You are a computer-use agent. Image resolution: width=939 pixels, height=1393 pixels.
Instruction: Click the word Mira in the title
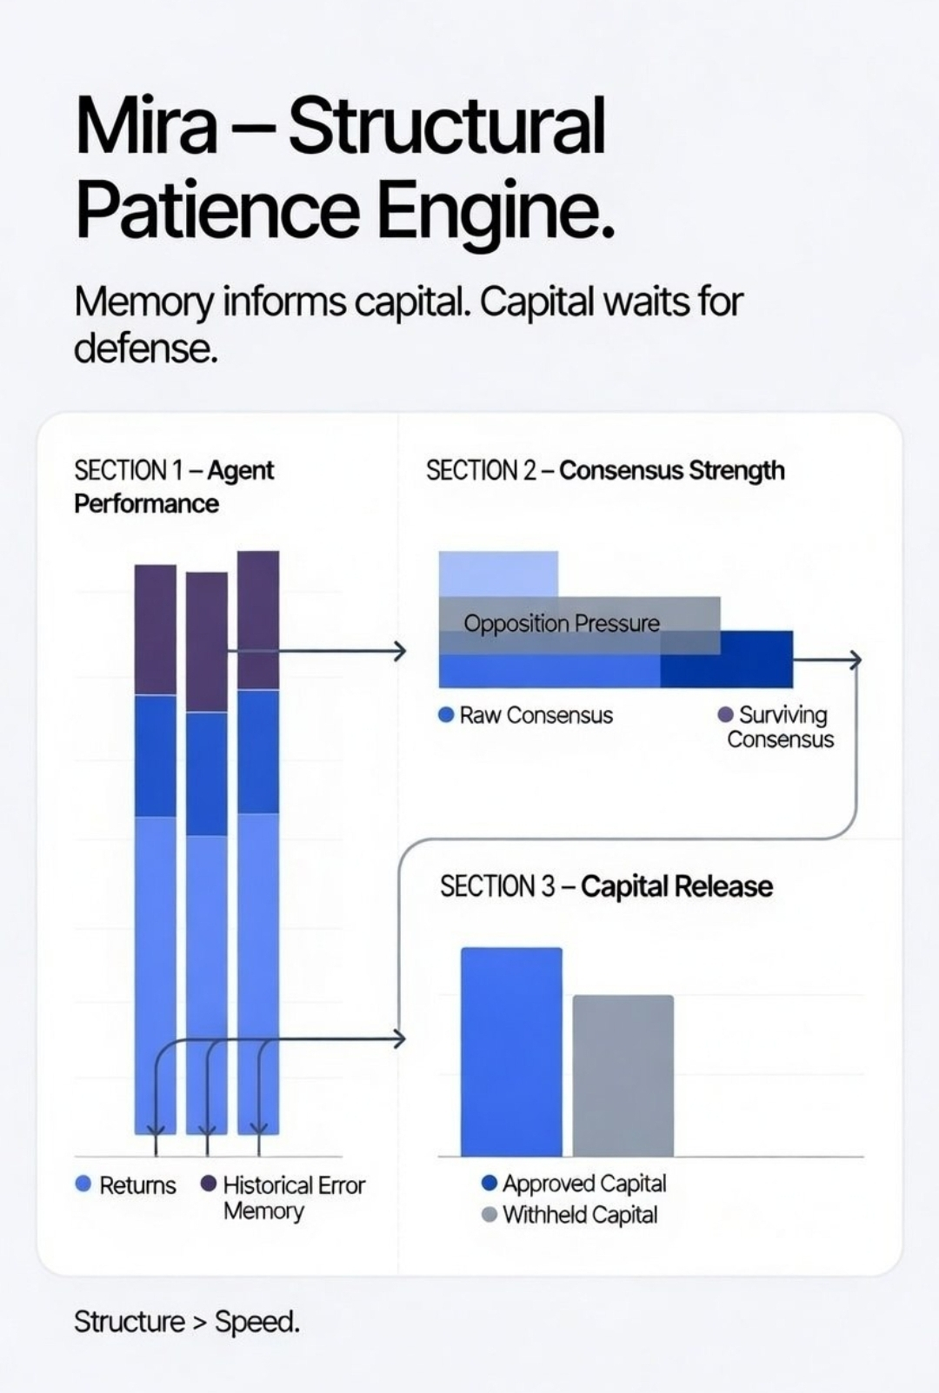pyautogui.click(x=146, y=126)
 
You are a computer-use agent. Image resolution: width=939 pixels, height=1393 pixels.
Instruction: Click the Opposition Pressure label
pyautogui.click(x=562, y=623)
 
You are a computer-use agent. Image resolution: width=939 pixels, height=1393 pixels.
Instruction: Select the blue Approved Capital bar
pyautogui.click(x=511, y=1051)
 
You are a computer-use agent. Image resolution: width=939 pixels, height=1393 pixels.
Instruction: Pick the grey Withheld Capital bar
pyautogui.click(x=623, y=1075)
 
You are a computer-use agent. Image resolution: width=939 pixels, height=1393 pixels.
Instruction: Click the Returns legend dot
pyautogui.click(x=83, y=1184)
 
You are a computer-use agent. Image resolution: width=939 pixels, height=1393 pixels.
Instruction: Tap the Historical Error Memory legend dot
pyautogui.click(x=209, y=1184)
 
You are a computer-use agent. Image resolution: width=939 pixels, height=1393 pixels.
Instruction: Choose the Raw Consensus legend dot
pyautogui.click(x=447, y=714)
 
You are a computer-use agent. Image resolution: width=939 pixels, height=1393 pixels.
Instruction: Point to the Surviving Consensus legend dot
pyautogui.click(x=725, y=714)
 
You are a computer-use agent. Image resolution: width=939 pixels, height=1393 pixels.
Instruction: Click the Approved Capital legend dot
pyautogui.click(x=489, y=1183)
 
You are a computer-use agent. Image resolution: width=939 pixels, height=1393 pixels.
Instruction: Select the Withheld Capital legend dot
pyautogui.click(x=489, y=1214)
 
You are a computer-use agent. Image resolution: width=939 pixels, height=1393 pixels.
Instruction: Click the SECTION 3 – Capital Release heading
pyautogui.click(x=606, y=886)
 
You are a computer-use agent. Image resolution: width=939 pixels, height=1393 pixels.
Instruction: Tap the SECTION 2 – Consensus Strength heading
pyautogui.click(x=605, y=470)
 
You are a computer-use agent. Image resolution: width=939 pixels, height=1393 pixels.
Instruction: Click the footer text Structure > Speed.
pyautogui.click(x=187, y=1322)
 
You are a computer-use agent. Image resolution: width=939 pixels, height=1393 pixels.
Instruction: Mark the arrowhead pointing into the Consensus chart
pyautogui.click(x=399, y=650)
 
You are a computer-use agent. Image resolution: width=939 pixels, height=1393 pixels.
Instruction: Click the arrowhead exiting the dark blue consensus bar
pyautogui.click(x=855, y=660)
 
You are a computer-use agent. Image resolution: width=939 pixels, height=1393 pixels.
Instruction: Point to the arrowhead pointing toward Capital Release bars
pyautogui.click(x=399, y=1038)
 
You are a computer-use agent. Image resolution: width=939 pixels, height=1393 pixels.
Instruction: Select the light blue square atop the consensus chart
pyautogui.click(x=498, y=574)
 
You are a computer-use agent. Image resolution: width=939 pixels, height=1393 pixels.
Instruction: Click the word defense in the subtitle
pyautogui.click(x=145, y=348)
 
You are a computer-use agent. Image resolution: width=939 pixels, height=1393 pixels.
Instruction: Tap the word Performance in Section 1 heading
pyautogui.click(x=146, y=503)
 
